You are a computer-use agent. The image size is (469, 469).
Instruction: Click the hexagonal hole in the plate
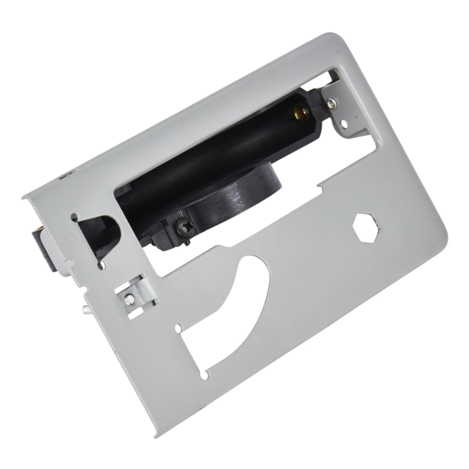click(366, 228)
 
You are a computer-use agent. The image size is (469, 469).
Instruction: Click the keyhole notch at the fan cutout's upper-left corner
click(180, 328)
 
